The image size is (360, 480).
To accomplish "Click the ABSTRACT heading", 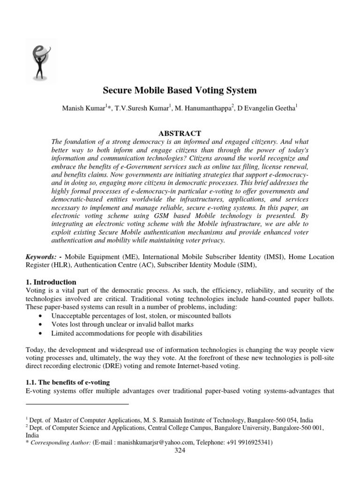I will tap(180, 133).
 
